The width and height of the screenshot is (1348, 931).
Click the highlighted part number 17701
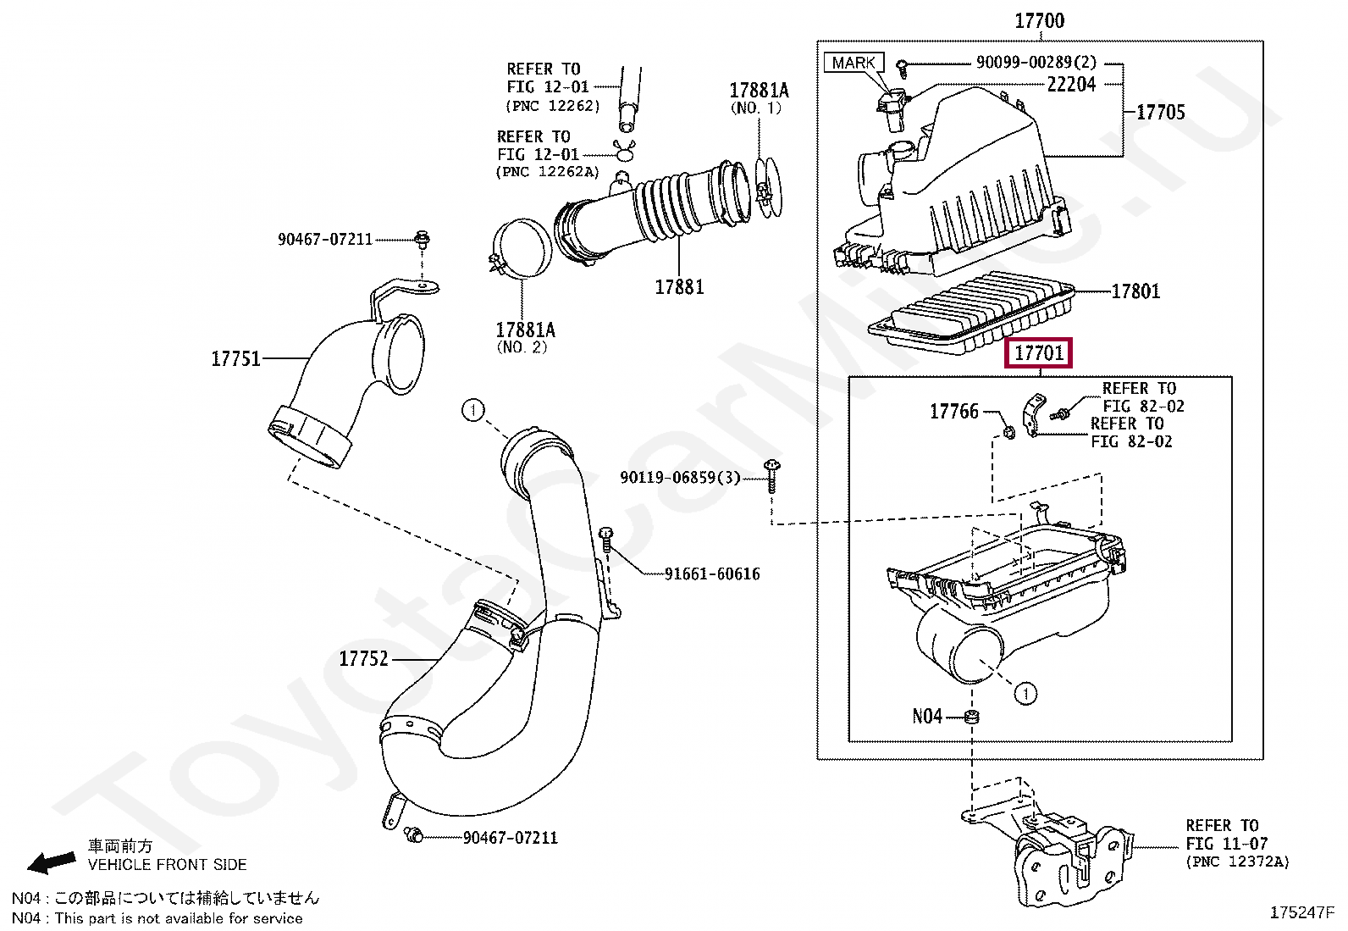[x=1039, y=353]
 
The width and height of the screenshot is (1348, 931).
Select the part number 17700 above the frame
[x=1039, y=21]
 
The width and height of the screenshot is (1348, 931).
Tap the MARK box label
[x=854, y=63]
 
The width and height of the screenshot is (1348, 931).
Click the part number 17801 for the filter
[x=1135, y=291]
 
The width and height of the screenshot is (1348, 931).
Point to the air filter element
[x=970, y=313]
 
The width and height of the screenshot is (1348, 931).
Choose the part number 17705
[x=1160, y=112]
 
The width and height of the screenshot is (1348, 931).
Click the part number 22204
[x=1071, y=85]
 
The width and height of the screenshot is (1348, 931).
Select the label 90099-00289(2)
[x=1036, y=62]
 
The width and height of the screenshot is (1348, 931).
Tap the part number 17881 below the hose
[x=679, y=287]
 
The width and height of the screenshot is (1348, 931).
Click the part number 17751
[x=236, y=359]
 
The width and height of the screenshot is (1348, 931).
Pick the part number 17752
[x=363, y=659]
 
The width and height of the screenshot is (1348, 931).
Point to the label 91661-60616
[x=712, y=574]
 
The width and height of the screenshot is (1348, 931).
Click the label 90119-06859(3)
[x=680, y=478]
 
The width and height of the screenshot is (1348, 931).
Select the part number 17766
[x=954, y=412]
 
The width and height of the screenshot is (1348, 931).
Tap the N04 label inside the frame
[x=927, y=716]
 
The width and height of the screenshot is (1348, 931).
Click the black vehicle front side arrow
[x=52, y=863]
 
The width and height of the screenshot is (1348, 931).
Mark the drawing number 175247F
[x=1301, y=913]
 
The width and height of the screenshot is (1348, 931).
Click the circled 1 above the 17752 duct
[x=473, y=411]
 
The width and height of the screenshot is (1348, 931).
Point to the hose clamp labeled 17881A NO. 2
[x=521, y=248]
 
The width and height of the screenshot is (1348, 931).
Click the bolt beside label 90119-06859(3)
[x=771, y=476]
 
